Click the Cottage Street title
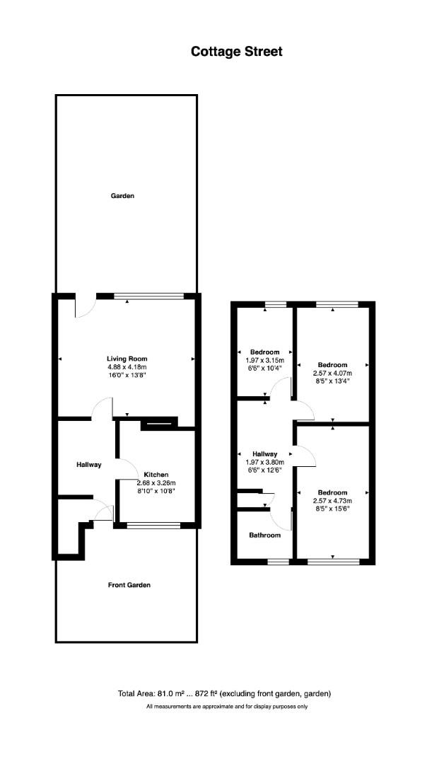pyautogui.click(x=237, y=52)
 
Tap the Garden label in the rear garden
pyautogui.click(x=123, y=196)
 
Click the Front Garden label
pyautogui.click(x=129, y=585)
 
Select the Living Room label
pyautogui.click(x=127, y=359)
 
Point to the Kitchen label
pyautogui.click(x=156, y=474)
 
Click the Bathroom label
pyautogui.click(x=265, y=535)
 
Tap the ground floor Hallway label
pyautogui.click(x=88, y=465)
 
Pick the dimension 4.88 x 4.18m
pyautogui.click(x=127, y=367)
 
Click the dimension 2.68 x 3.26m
pyautogui.click(x=156, y=482)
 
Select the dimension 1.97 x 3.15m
pyautogui.click(x=265, y=360)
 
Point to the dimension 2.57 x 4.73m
pyautogui.click(x=333, y=500)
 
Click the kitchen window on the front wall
pyautogui.click(x=153, y=525)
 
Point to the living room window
pyautogui.click(x=149, y=296)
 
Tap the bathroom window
pyautogui.click(x=278, y=562)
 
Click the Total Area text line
pyautogui.click(x=224, y=693)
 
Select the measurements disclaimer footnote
pyautogui.click(x=227, y=706)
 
